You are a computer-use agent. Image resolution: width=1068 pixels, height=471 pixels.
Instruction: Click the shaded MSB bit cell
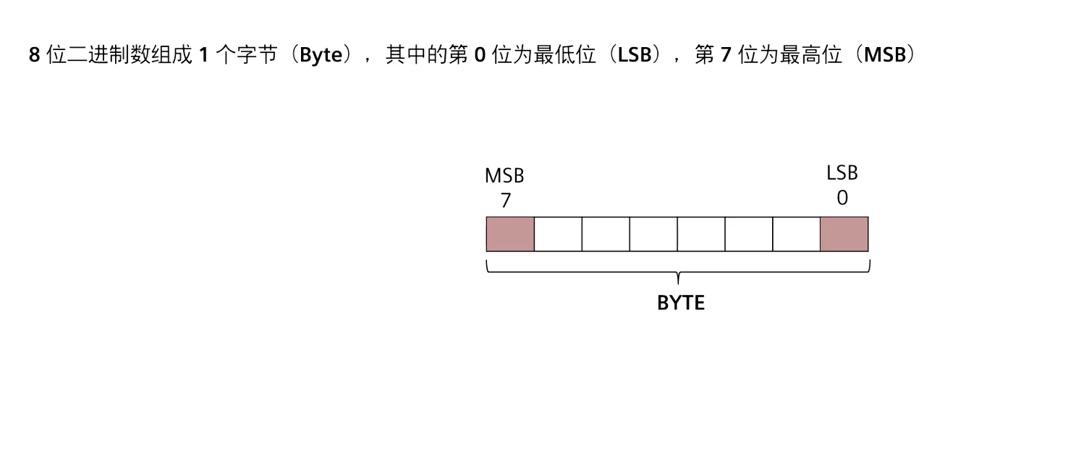pyautogui.click(x=510, y=234)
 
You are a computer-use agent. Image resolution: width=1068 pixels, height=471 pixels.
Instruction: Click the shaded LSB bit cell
pyautogui.click(x=844, y=234)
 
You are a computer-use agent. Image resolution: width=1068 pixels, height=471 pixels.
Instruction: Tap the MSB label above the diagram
pyautogui.click(x=504, y=176)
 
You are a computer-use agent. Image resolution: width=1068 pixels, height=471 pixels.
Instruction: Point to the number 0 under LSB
pyautogui.click(x=842, y=198)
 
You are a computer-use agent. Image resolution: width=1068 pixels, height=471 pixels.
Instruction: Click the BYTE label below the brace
pyautogui.click(x=680, y=303)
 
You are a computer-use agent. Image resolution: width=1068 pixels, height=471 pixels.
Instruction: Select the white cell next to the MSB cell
pyautogui.click(x=558, y=234)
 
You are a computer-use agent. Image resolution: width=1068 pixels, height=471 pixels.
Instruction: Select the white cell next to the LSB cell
pyautogui.click(x=797, y=234)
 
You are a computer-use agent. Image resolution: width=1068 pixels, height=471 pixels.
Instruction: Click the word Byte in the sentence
pyautogui.click(x=321, y=55)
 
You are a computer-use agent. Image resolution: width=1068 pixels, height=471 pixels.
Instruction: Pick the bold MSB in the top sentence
pyautogui.click(x=885, y=55)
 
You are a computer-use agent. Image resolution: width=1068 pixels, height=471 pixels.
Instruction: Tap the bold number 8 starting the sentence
pyautogui.click(x=34, y=55)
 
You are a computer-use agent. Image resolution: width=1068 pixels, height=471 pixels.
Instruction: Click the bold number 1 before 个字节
pyautogui.click(x=203, y=55)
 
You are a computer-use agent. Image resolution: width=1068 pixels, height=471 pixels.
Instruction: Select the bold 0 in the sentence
pyautogui.click(x=479, y=55)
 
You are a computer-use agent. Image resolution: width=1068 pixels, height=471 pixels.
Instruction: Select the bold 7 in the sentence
pyautogui.click(x=726, y=55)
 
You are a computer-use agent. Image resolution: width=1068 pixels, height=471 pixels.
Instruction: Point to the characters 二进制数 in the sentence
pyautogui.click(x=109, y=55)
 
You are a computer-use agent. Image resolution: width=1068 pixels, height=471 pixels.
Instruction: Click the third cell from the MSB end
pyautogui.click(x=606, y=234)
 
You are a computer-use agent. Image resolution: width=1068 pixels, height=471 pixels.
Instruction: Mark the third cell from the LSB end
pyautogui.click(x=749, y=234)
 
